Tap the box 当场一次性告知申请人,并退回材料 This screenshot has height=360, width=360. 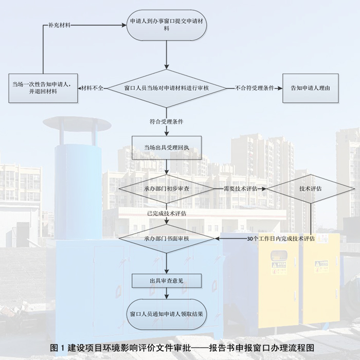point(41,87)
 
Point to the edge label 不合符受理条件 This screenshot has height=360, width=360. point(254,88)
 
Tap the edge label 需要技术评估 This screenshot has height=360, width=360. point(240,189)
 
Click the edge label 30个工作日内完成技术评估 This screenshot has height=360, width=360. point(281,239)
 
